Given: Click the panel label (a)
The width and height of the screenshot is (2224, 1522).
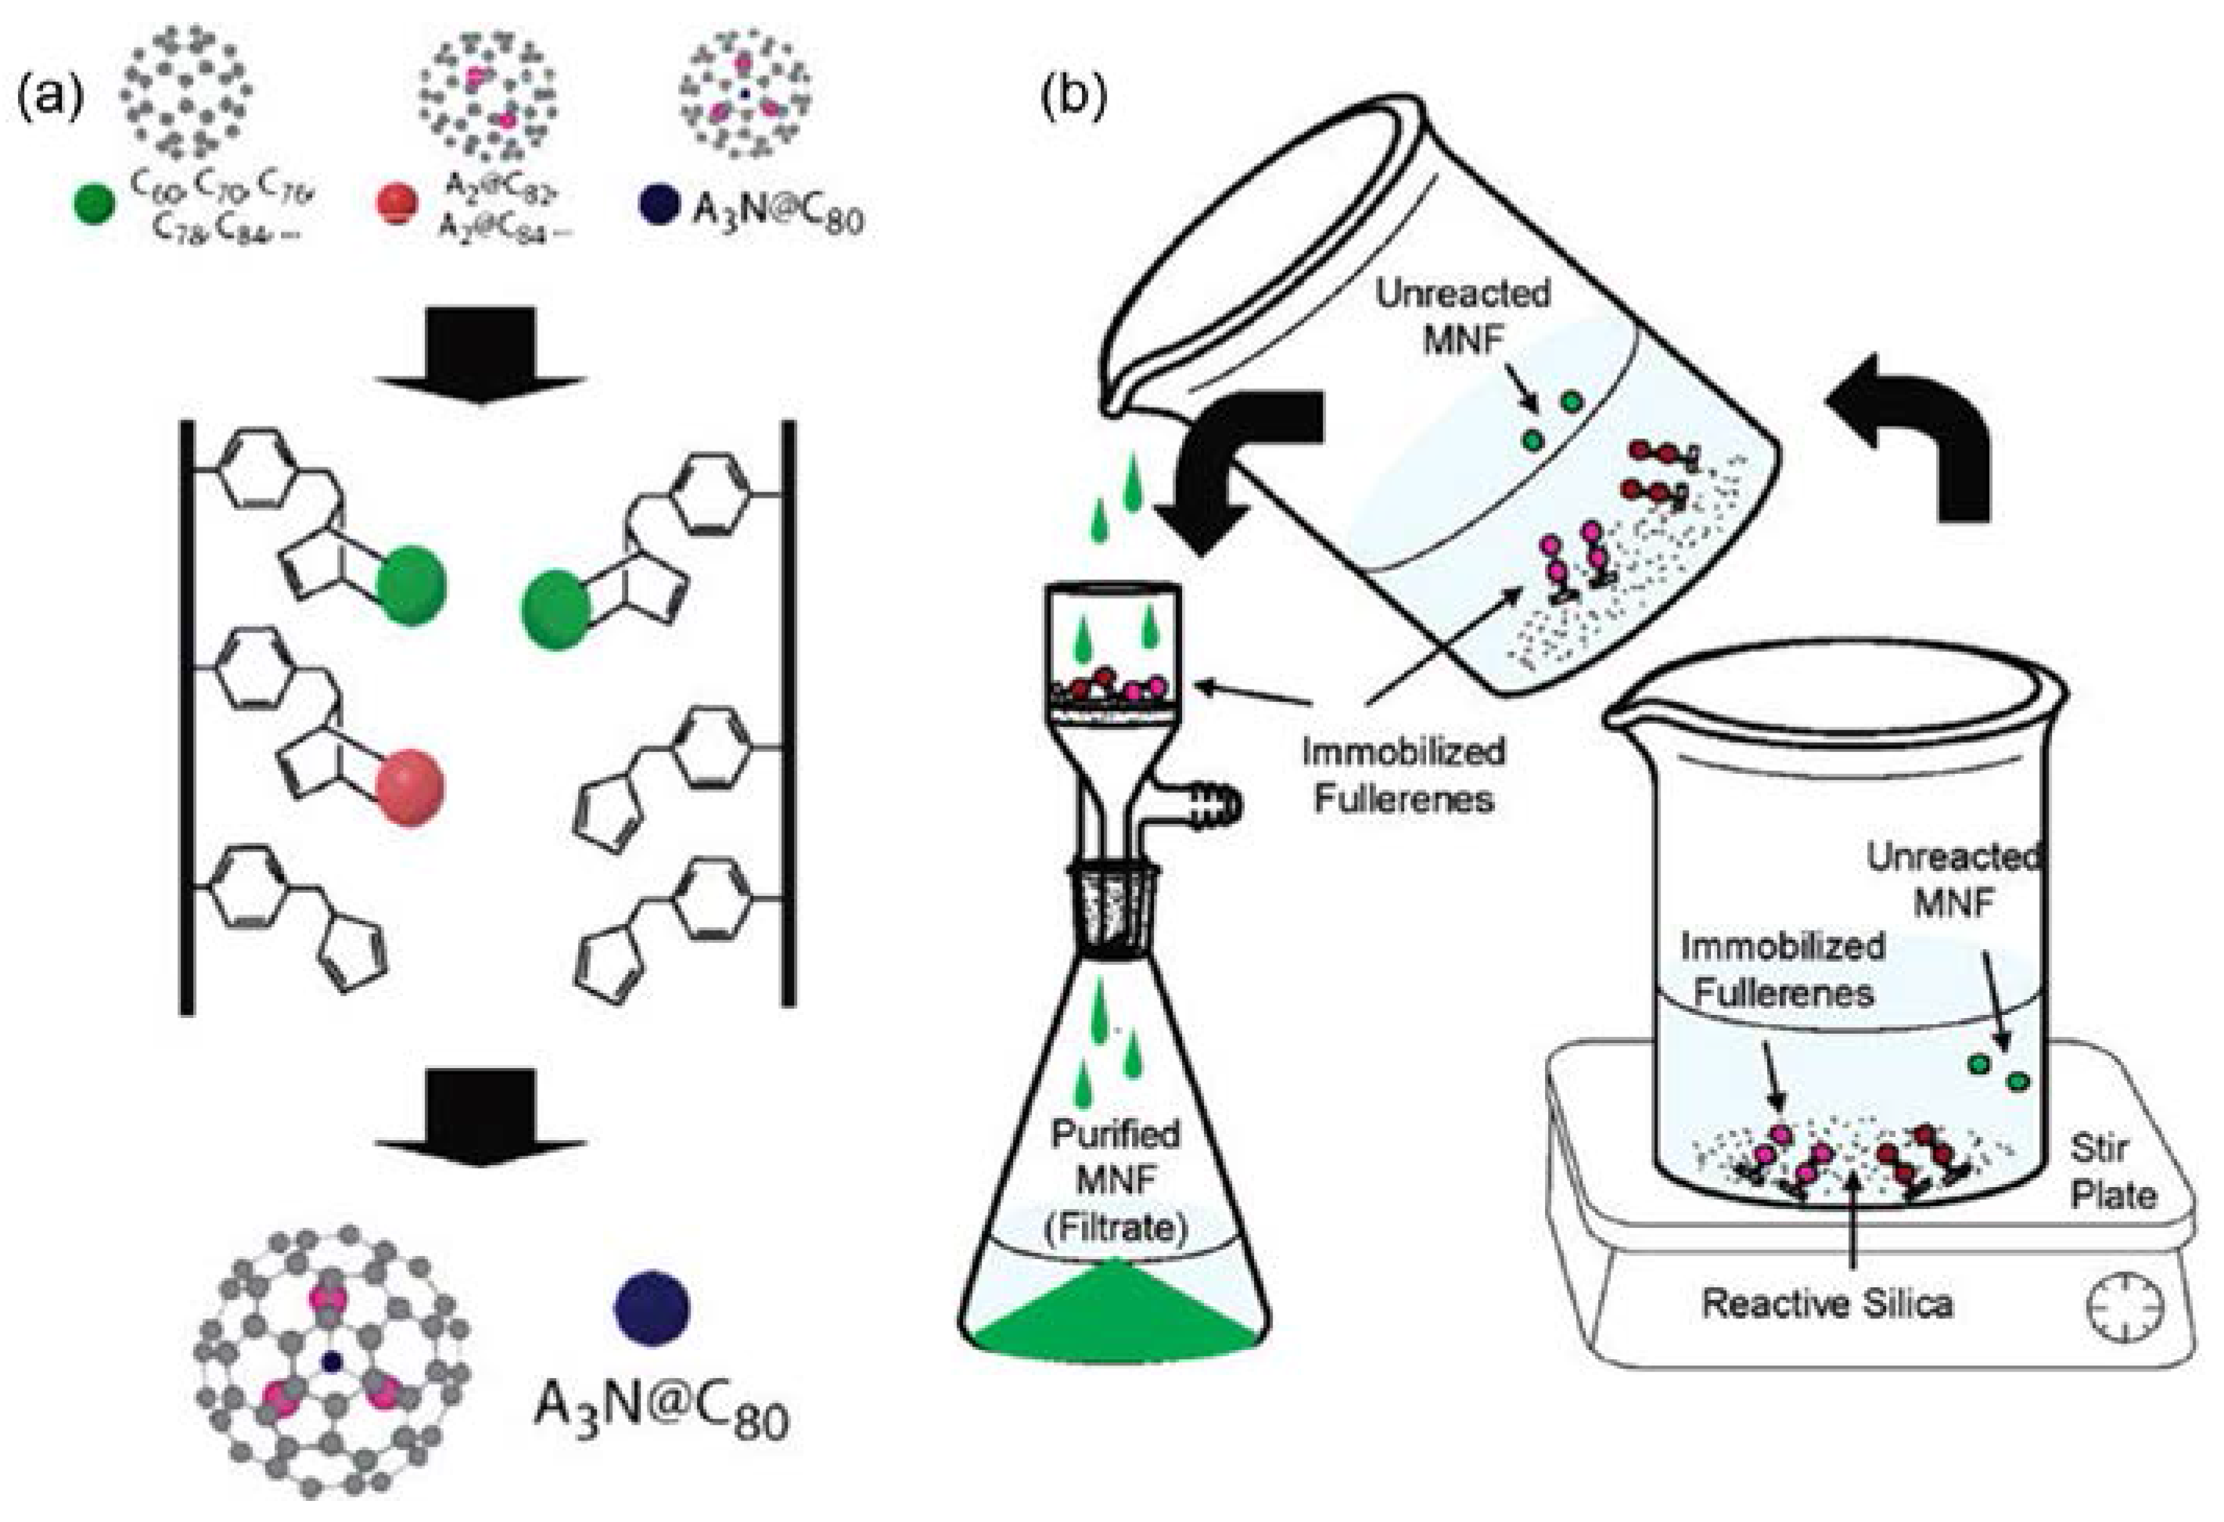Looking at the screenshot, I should point(50,99).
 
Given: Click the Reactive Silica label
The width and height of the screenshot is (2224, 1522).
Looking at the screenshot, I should point(1827,1304).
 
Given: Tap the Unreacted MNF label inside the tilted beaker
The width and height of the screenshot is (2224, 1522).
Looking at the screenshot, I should point(1462,316).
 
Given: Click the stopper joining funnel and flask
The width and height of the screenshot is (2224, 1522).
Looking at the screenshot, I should point(1115,909).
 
